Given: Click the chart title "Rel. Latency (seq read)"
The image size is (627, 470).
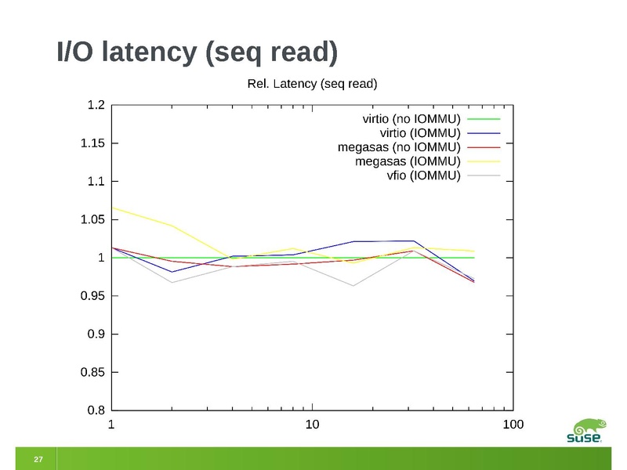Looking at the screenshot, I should pos(313,83).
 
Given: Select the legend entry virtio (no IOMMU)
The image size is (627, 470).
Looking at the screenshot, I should pos(411,119).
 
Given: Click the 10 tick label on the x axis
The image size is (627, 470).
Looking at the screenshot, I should pos(312,425).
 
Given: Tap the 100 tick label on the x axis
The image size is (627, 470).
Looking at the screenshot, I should pos(513,425).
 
